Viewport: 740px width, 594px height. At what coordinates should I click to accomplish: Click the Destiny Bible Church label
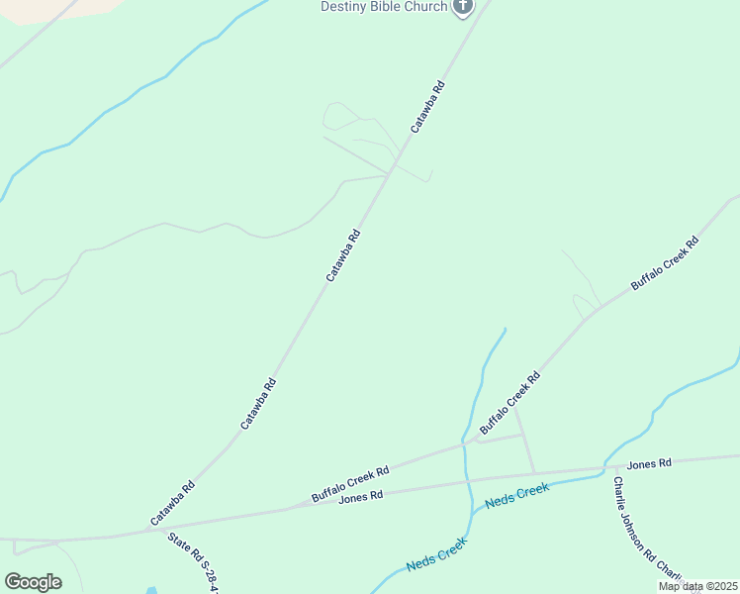click(383, 7)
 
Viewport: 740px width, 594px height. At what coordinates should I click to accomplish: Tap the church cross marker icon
click(462, 7)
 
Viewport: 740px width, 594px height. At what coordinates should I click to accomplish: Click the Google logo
click(34, 582)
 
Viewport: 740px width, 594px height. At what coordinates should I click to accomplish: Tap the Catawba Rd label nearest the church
click(428, 107)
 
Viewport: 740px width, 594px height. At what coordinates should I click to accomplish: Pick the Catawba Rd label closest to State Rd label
click(173, 503)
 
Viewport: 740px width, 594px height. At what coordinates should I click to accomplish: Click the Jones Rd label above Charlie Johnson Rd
click(649, 462)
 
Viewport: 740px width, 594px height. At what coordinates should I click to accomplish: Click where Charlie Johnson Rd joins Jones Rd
click(604, 469)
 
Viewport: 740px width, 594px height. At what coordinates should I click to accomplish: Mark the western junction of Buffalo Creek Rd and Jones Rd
click(287, 509)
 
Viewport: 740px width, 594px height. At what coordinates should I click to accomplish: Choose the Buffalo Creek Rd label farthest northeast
click(665, 262)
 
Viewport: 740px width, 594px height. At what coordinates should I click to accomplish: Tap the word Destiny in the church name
click(341, 7)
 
